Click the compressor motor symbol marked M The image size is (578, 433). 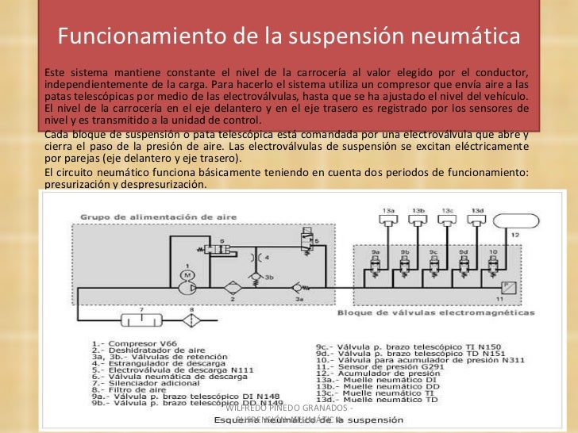187,274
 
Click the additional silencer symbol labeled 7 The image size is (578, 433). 141,321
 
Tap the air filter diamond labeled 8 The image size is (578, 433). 191,320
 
